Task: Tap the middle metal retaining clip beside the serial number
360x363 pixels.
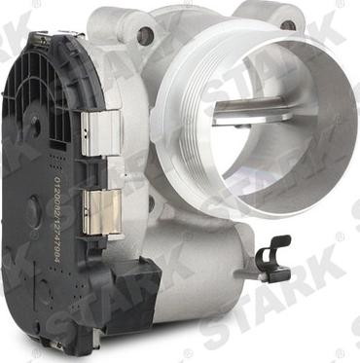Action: pos(98,210)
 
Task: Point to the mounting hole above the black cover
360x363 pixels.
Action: pos(146,37)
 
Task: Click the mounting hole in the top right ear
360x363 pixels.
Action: pos(288,24)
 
